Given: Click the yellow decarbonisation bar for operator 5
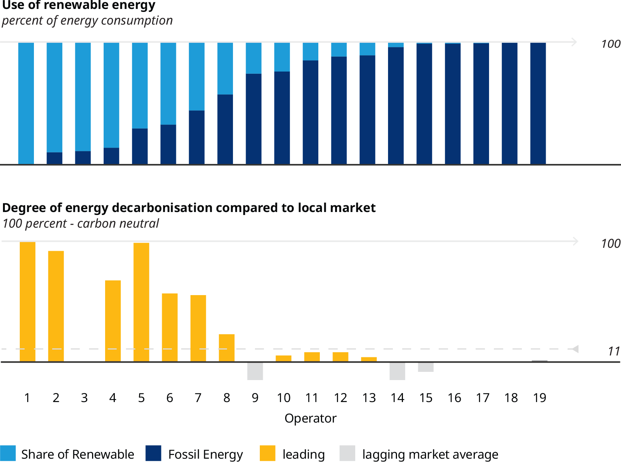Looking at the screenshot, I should (141, 302).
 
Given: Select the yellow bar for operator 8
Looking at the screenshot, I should (227, 348).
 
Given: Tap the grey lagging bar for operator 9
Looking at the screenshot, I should (255, 371).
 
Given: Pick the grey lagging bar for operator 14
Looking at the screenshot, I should (397, 371).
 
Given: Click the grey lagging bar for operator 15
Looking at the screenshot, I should (426, 367).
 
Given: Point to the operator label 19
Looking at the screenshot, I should (539, 398).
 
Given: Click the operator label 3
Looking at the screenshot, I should (84, 398).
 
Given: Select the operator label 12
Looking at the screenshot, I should (340, 398).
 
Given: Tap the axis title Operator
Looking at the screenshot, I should (310, 418).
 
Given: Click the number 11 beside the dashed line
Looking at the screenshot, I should (614, 351).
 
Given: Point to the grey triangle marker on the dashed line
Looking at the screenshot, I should (575, 349).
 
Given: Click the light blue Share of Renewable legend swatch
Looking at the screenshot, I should (8, 453).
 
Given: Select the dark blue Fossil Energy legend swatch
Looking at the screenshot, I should (153, 453).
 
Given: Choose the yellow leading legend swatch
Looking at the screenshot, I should (267, 453).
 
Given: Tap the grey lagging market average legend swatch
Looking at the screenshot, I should (347, 453).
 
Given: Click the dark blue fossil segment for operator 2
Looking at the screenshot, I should (54, 158).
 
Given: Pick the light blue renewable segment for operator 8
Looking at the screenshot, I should (225, 69).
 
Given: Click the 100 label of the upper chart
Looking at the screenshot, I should (610, 44).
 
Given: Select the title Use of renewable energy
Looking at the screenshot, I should (79, 5).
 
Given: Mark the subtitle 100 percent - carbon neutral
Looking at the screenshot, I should (81, 224).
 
